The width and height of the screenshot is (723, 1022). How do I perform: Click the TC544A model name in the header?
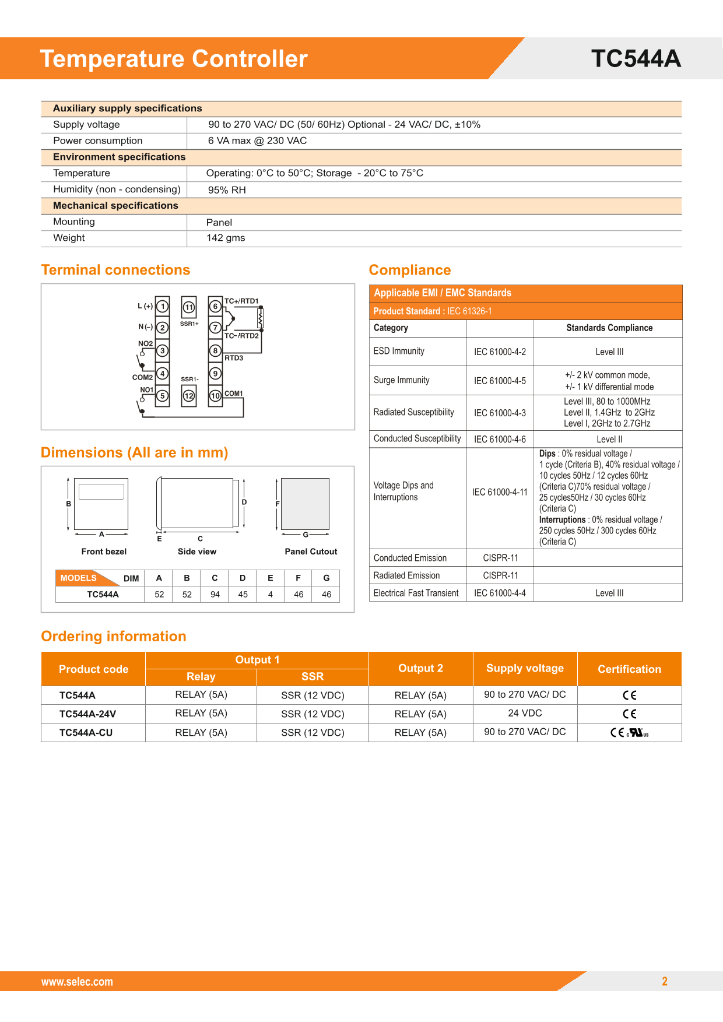coord(636,59)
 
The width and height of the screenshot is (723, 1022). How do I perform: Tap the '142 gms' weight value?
coord(226,238)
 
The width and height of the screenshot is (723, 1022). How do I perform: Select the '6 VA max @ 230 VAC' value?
coord(257,141)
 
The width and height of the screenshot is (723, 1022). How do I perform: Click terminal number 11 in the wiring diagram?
coord(188,307)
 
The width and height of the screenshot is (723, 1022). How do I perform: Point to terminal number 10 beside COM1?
coord(215,396)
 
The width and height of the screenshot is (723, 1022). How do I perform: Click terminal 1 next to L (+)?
coord(163,307)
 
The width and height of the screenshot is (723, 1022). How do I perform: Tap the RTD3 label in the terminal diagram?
coord(234,358)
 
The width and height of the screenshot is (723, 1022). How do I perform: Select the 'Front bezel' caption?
coord(104,552)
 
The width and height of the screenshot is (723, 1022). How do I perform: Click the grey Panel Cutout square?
coord(305,504)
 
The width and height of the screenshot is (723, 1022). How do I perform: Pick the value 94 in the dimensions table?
coord(215,595)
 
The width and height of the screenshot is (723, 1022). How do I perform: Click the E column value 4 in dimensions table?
coord(271,595)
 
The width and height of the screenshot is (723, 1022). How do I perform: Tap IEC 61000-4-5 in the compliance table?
coord(500,381)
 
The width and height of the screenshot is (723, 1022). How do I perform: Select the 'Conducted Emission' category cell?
coord(410,558)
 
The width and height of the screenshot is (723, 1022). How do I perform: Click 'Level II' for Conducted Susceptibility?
coord(609,440)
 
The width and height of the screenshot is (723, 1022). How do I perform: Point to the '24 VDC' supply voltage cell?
coord(525,713)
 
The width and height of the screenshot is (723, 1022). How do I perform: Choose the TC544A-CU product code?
coord(86,733)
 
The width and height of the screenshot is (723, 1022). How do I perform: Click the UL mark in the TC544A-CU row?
coord(638,733)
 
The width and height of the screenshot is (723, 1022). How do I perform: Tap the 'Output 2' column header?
coord(420,668)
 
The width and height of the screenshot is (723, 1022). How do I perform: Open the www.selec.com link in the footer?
coord(77,982)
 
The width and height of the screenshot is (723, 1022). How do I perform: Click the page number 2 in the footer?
coord(664,981)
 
